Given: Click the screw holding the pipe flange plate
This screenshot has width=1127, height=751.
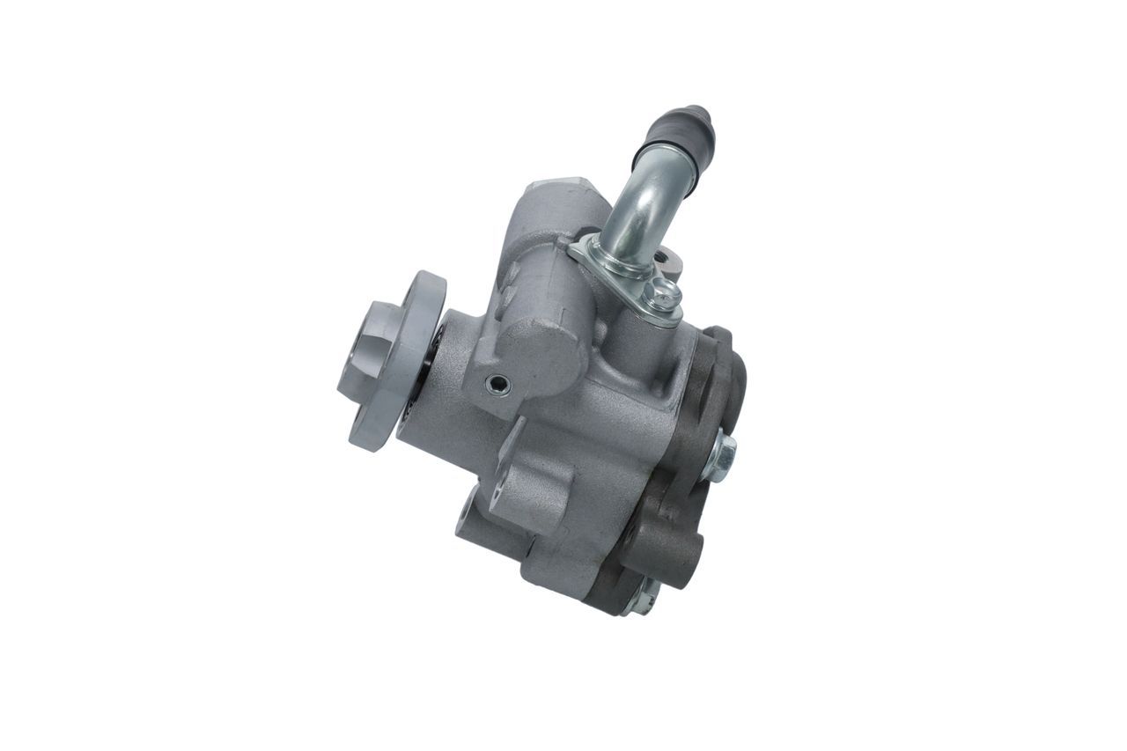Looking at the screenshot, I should click(664, 296).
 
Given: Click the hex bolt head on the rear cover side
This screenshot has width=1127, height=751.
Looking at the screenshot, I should click(721, 455).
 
